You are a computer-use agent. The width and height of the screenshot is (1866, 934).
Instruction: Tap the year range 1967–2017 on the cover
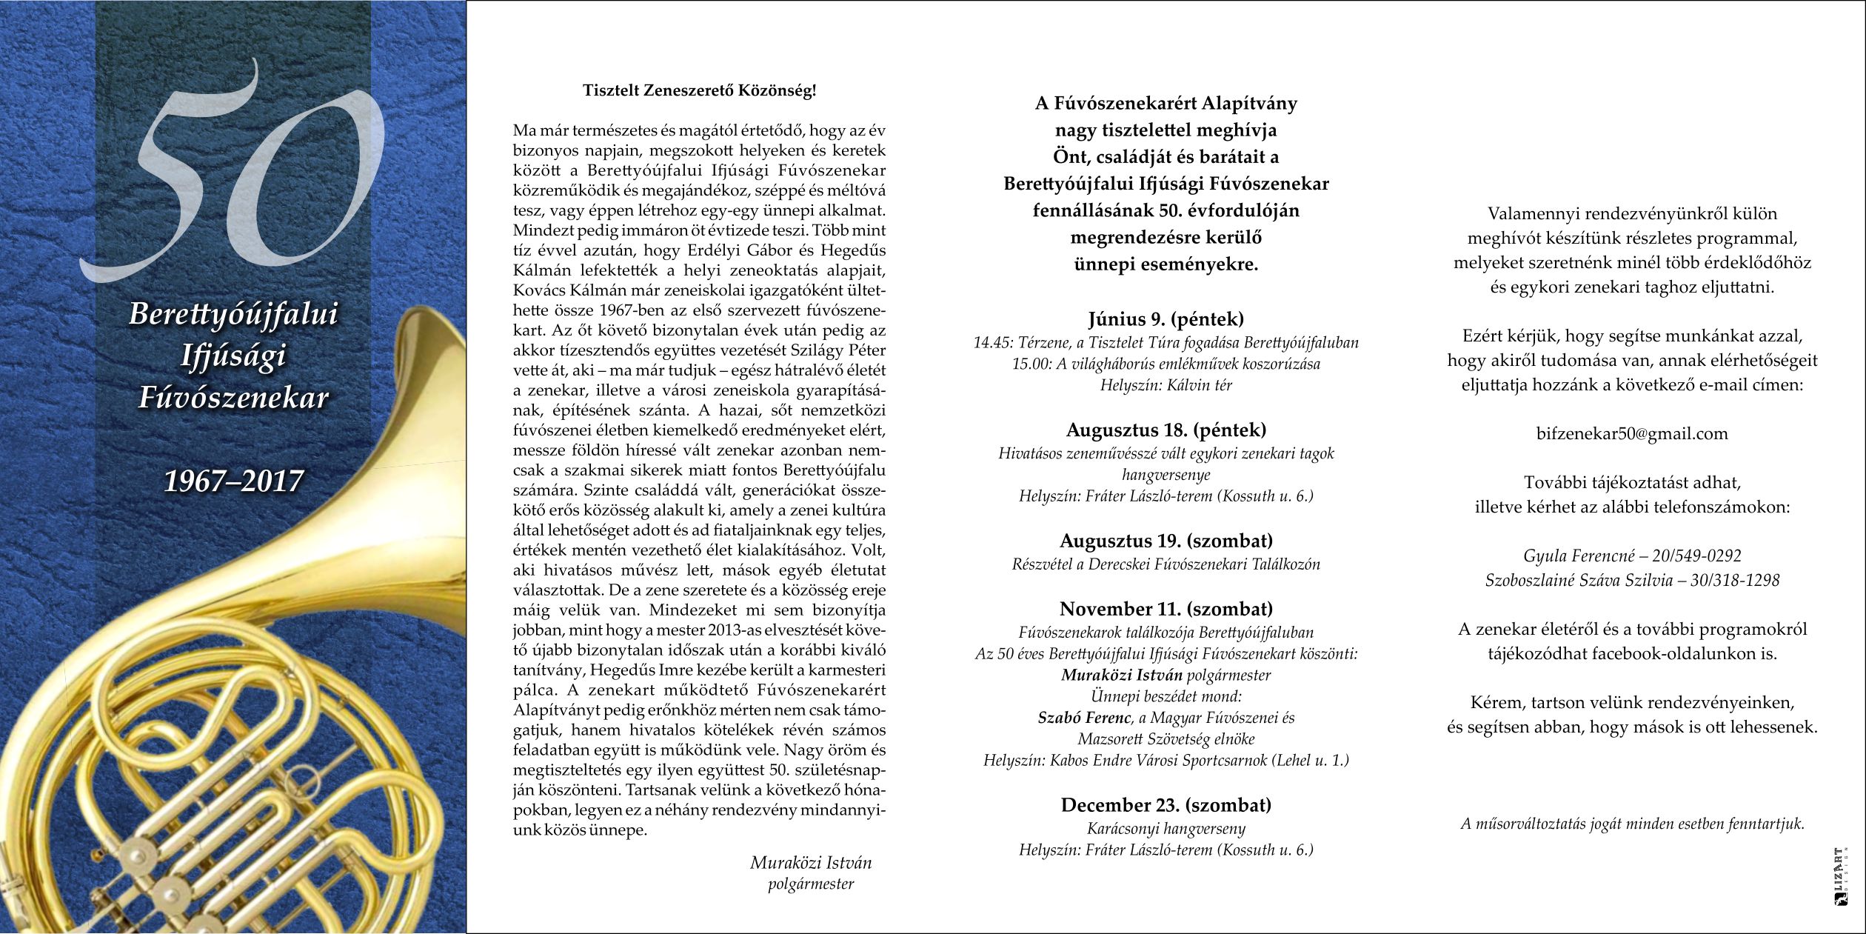233,482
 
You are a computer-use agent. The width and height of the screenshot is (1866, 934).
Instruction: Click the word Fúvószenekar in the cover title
233,398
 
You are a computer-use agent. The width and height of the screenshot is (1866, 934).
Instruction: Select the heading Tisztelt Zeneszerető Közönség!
699,91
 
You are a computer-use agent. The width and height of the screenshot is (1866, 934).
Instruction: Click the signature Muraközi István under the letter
811,863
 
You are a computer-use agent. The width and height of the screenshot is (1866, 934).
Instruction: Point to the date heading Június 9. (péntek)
1166,319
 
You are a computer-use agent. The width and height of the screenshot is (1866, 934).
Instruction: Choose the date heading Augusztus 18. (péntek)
1166,430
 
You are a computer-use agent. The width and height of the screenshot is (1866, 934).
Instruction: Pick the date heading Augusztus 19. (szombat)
1166,540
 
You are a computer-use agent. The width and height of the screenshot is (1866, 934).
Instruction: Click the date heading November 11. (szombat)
1166,609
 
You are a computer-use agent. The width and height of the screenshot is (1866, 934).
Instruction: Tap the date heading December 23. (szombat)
1166,805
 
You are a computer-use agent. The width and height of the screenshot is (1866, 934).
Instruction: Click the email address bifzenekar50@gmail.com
1632,434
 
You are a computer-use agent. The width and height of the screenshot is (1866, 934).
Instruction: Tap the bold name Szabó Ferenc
1085,718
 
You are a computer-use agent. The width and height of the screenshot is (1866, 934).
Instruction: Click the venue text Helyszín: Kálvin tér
1166,385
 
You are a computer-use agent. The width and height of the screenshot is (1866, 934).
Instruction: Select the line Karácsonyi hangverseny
1166,829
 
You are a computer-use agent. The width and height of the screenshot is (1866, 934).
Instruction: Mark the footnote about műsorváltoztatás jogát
1632,824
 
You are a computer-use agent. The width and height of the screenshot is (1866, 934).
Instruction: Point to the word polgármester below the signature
811,884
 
